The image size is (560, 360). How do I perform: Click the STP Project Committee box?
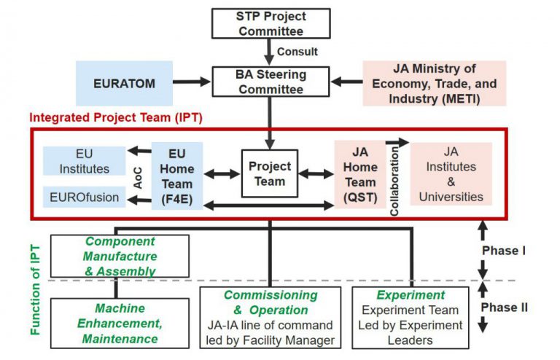[x=271, y=23]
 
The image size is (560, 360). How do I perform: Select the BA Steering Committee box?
[x=271, y=82]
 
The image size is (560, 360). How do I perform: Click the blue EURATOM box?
[x=125, y=83]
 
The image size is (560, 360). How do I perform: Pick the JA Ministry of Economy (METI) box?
[x=435, y=83]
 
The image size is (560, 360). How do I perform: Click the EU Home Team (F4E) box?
[x=177, y=176]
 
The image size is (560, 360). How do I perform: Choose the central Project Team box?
[x=270, y=173]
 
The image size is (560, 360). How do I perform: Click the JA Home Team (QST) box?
[x=360, y=175]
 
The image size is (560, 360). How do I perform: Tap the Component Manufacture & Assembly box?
[x=120, y=256]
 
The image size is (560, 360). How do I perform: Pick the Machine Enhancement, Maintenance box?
[x=120, y=324]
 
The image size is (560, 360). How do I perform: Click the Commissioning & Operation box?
[x=271, y=317]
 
